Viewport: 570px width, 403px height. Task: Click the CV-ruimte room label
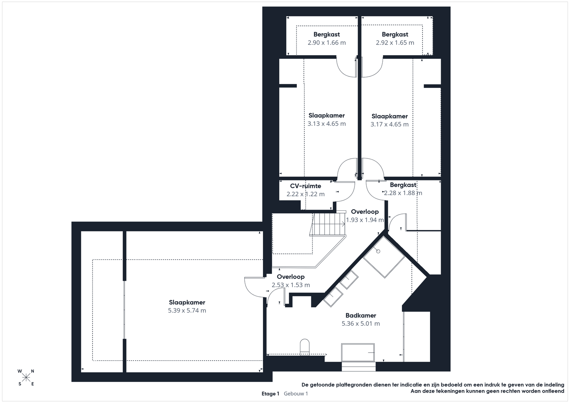(x=305, y=186)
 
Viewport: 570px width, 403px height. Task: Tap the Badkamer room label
(x=361, y=315)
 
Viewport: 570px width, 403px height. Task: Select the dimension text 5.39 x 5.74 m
(x=187, y=310)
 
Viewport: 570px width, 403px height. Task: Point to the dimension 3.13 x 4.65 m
(x=326, y=124)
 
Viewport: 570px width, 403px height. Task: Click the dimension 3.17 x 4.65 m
(x=389, y=124)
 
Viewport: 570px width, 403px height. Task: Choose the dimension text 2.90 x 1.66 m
(x=326, y=42)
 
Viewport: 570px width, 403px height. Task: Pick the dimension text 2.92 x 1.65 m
(x=395, y=42)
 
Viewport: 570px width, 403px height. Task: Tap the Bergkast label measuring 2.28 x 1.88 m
(x=403, y=185)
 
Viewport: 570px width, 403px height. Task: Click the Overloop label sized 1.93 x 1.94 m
(x=365, y=211)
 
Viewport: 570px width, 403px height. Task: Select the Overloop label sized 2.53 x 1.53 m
(x=291, y=277)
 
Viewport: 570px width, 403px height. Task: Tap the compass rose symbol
(x=26, y=377)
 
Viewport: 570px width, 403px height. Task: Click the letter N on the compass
(x=32, y=371)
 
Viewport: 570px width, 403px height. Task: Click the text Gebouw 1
(x=296, y=394)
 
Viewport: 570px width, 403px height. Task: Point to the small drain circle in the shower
(x=378, y=251)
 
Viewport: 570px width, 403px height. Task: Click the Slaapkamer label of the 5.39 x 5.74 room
(x=187, y=302)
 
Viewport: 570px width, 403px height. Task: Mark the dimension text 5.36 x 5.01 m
(x=361, y=323)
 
